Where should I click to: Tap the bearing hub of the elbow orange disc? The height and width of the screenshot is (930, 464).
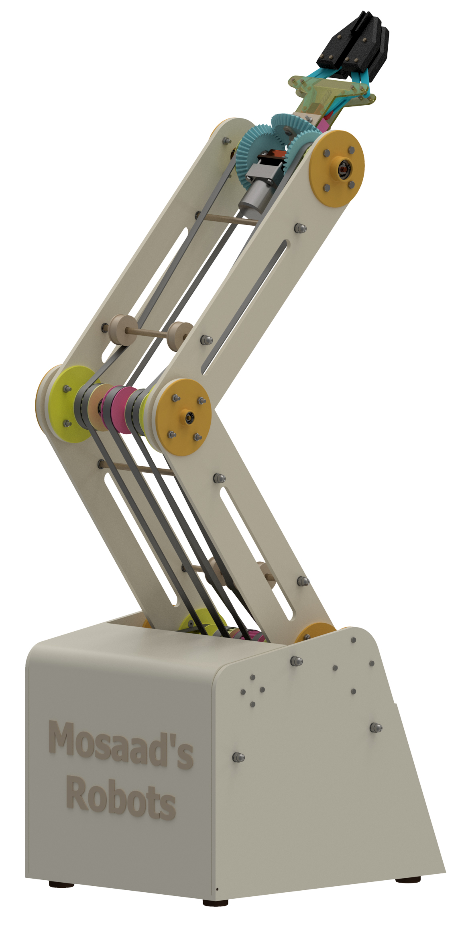188,418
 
